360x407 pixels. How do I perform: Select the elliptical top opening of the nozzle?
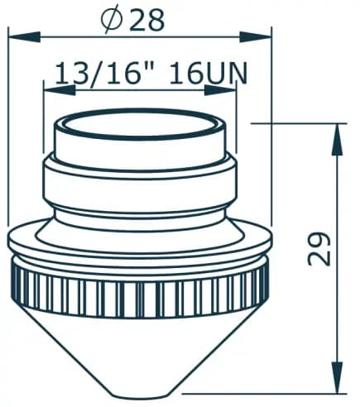pos(139,127)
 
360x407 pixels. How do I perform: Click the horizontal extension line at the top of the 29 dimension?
pos(298,124)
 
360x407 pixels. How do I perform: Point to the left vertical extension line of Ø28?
pos(8,124)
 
